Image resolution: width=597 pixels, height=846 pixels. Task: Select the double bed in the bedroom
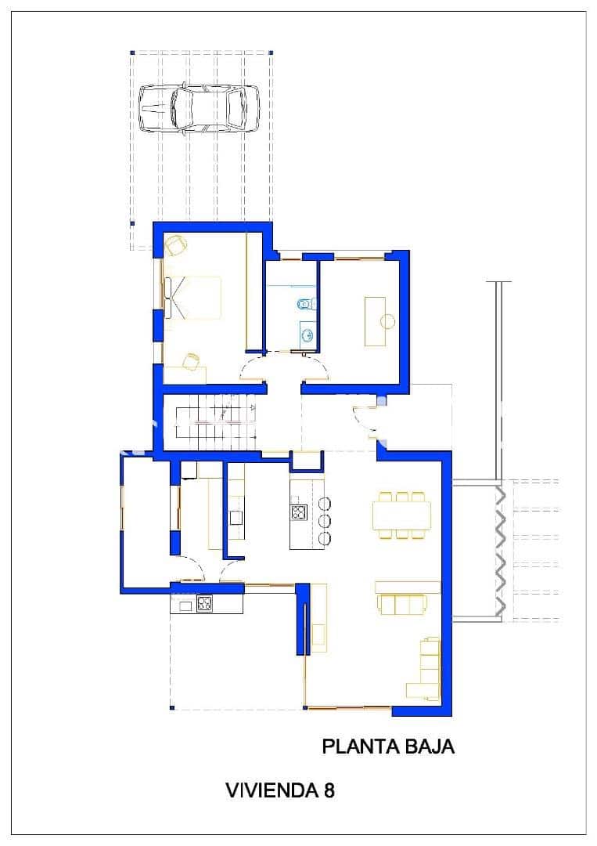tap(195, 298)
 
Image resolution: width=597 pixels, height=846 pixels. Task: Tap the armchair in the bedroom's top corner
tap(175, 245)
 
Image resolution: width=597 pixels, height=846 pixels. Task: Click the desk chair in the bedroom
tap(190, 360)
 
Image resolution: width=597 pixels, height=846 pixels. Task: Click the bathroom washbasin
tap(307, 336)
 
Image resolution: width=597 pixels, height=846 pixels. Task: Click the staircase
tap(211, 421)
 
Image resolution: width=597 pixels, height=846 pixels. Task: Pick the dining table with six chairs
tap(401, 515)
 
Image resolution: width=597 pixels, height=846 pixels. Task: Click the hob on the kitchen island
tap(298, 513)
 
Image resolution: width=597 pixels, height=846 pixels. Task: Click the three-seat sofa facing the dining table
tap(399, 605)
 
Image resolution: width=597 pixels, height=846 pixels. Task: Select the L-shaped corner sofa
tap(426, 670)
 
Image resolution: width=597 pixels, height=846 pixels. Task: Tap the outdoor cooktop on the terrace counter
tap(204, 604)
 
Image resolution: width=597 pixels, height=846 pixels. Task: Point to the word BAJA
tap(429, 747)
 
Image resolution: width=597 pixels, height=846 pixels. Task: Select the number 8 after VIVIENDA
tap(329, 790)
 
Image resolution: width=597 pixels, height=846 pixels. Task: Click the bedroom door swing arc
tap(254, 367)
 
